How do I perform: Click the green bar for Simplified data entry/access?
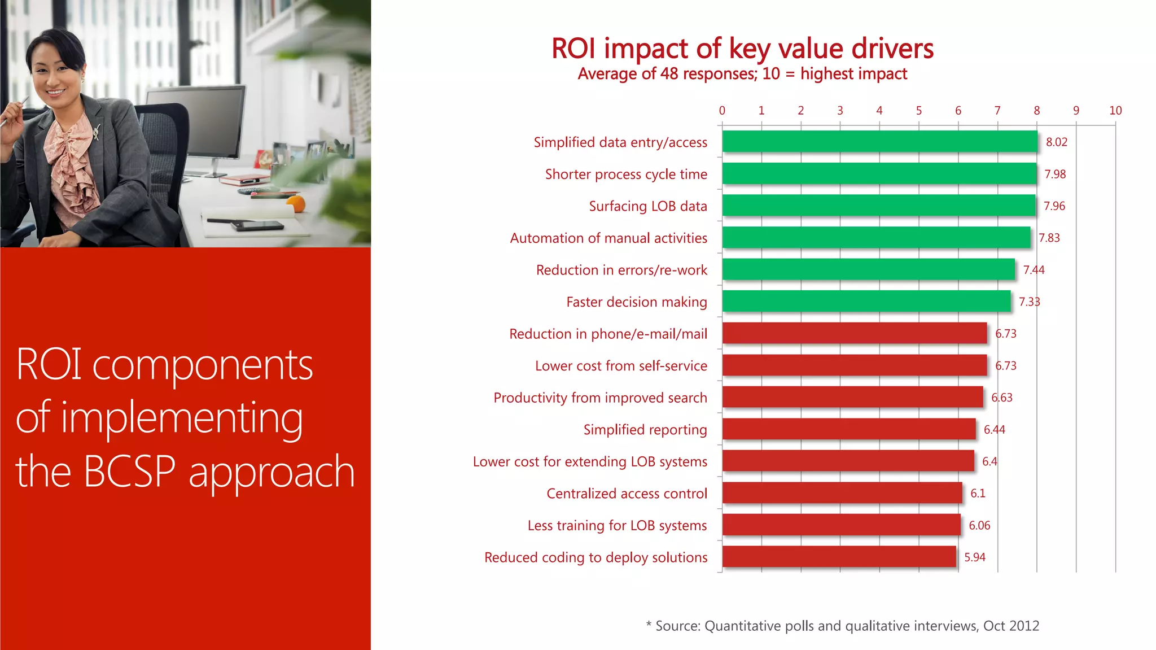click(879, 142)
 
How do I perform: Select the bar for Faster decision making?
click(866, 302)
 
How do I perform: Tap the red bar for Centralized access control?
click(842, 493)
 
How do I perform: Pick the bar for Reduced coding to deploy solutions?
click(839, 557)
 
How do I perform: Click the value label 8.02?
click(1056, 142)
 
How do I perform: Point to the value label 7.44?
click(1034, 270)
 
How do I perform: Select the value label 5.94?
click(974, 557)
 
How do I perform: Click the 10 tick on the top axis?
click(1115, 111)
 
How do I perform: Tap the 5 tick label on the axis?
click(918, 111)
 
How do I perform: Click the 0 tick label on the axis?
click(722, 111)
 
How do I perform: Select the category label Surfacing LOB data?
click(647, 206)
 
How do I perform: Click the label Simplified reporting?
click(645, 430)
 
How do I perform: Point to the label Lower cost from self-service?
click(620, 366)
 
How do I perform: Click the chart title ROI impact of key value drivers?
click(742, 49)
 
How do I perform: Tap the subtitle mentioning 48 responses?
click(742, 74)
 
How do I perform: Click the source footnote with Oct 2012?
click(842, 626)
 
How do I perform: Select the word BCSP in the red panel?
click(129, 472)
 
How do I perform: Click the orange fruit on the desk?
click(296, 203)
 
